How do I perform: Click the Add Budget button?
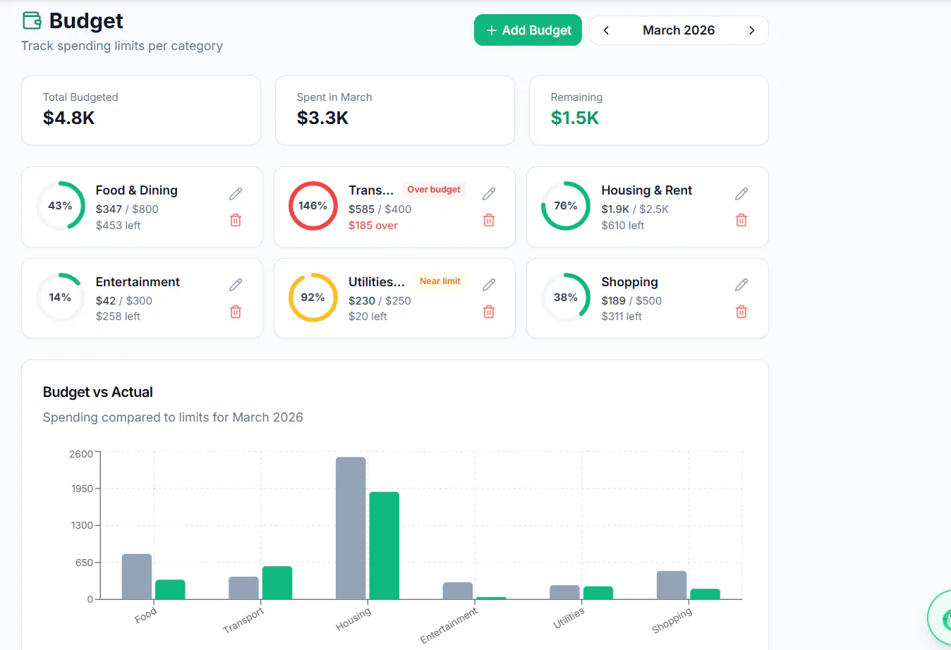(x=528, y=30)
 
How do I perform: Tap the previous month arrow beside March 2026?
(x=606, y=30)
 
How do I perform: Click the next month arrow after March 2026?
(x=751, y=30)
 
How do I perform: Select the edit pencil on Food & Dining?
(x=236, y=193)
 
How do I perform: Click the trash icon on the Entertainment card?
(x=236, y=312)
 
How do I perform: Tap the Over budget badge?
(x=433, y=189)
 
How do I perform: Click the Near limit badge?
(x=440, y=281)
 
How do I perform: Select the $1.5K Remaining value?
(x=574, y=118)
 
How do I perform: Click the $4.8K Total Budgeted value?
(x=68, y=118)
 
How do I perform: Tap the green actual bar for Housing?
(x=384, y=546)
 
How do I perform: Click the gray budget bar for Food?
(x=137, y=577)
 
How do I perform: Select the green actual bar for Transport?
(x=277, y=583)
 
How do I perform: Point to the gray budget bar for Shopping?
(x=672, y=585)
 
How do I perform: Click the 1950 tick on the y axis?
(x=82, y=489)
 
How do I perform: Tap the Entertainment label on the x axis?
(x=449, y=625)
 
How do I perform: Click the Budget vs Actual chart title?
(x=97, y=392)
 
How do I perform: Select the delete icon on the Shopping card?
(x=741, y=312)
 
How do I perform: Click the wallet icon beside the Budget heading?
(x=32, y=20)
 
